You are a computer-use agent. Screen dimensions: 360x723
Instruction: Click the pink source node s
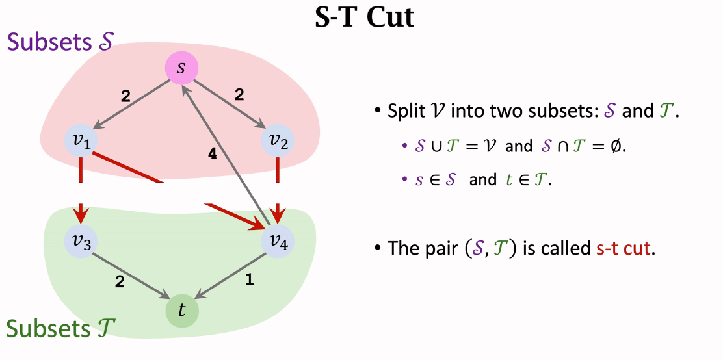click(x=181, y=68)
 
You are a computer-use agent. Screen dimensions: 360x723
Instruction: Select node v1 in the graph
click(x=81, y=140)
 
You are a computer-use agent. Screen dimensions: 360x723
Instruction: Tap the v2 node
click(x=278, y=140)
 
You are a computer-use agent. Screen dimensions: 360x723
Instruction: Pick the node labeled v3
click(x=81, y=240)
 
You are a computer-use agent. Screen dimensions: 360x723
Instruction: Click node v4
click(x=278, y=241)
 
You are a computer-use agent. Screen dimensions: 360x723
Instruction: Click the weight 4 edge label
click(x=212, y=154)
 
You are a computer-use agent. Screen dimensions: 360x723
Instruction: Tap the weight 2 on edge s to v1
click(x=125, y=96)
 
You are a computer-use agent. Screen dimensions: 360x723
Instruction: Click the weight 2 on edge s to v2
click(x=239, y=95)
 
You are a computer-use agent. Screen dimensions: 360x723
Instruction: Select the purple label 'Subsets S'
click(x=60, y=42)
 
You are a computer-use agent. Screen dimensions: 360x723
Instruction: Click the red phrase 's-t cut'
click(x=624, y=248)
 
